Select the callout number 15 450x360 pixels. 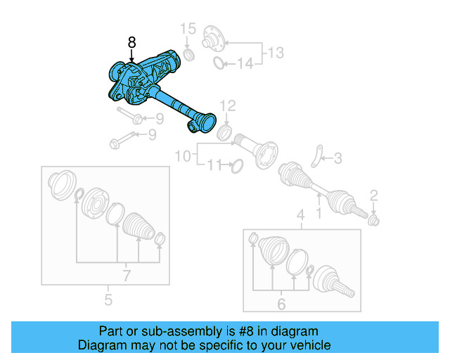click(x=187, y=29)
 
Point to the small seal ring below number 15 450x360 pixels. click(x=188, y=54)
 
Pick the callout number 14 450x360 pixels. click(x=244, y=64)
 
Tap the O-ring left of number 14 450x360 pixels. click(x=219, y=65)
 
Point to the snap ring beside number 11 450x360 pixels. click(x=236, y=166)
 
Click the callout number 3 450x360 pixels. click(x=337, y=159)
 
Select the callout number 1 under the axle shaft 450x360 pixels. click(x=319, y=210)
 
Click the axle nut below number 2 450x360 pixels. click(x=374, y=221)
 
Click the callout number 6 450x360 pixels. click(x=281, y=304)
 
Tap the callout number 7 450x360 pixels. click(x=127, y=275)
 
